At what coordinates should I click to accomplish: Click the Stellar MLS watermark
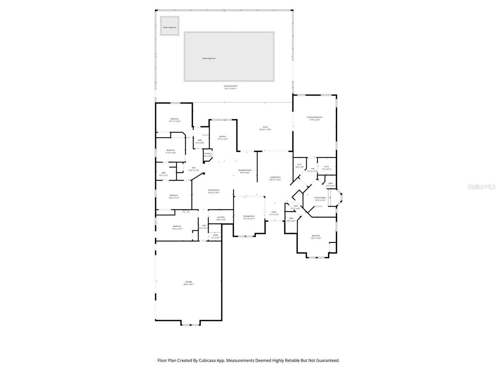click(481, 186)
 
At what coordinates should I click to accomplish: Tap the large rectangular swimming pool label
click(209, 58)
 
